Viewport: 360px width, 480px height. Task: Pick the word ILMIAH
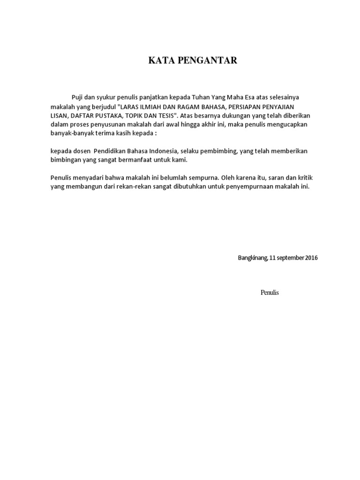[155, 106]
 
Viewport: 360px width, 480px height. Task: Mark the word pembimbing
[219, 151]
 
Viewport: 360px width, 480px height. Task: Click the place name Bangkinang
[253, 258]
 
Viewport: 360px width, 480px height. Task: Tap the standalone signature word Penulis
[270, 292]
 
